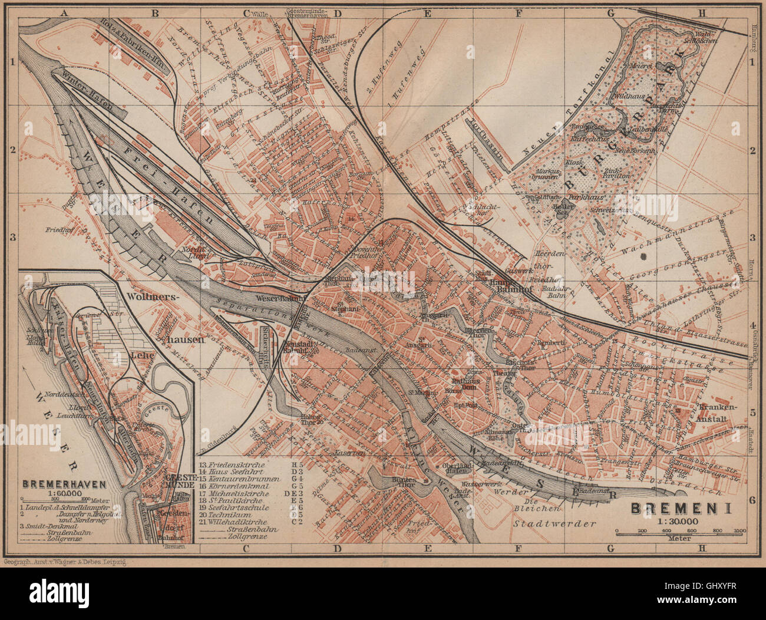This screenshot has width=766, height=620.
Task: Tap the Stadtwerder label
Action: click(x=554, y=523)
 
